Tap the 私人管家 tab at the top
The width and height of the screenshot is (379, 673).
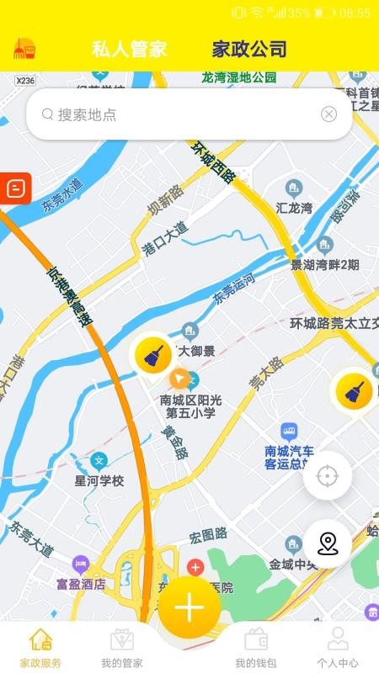129,49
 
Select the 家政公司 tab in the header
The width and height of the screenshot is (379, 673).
249,49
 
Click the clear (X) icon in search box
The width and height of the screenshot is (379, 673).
328,114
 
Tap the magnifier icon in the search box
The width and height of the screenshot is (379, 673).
47,114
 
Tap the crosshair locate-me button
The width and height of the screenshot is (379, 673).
327,476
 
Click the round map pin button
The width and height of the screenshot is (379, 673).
327,544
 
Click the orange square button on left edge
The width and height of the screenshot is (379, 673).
15,187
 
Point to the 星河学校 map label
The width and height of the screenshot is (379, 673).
99,481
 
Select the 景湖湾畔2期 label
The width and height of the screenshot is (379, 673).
325,264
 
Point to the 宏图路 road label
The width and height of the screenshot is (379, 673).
208,534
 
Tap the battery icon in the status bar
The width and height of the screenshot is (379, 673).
324,13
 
